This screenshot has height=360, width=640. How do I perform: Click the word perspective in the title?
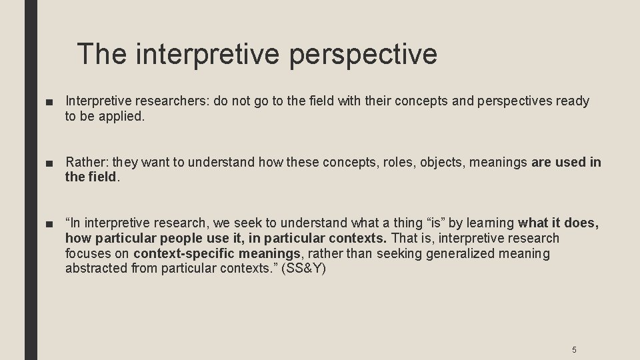click(x=363, y=54)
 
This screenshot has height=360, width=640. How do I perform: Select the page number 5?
click(x=574, y=350)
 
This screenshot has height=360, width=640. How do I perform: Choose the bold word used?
click(x=570, y=162)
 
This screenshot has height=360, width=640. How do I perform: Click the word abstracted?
click(x=93, y=269)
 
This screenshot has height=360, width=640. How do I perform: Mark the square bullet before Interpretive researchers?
click(x=51, y=101)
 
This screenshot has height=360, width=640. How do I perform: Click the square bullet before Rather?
click(x=51, y=163)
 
